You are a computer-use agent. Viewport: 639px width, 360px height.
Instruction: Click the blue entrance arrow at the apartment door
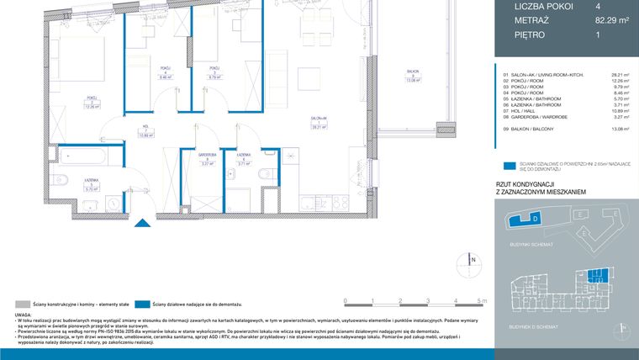click(x=142, y=223)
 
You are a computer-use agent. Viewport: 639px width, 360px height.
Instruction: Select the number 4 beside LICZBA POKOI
click(x=598, y=7)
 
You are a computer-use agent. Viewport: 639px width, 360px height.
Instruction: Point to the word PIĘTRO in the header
click(x=530, y=35)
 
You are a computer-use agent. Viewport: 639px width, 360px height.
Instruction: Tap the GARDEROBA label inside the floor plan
click(x=208, y=156)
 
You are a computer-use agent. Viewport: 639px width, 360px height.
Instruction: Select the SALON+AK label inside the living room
click(x=318, y=119)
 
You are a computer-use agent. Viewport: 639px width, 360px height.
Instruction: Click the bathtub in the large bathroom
click(x=82, y=157)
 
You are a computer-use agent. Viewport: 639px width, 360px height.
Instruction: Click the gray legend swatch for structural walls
click(x=21, y=303)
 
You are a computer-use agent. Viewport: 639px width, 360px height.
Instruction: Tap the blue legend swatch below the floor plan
click(x=139, y=303)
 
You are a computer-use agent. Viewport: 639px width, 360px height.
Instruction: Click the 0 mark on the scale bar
click(x=346, y=299)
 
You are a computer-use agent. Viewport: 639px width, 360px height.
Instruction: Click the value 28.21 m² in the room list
click(x=620, y=74)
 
